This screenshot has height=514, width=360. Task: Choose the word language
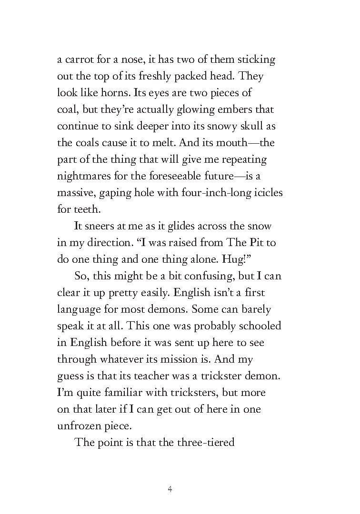(x=79, y=309)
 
